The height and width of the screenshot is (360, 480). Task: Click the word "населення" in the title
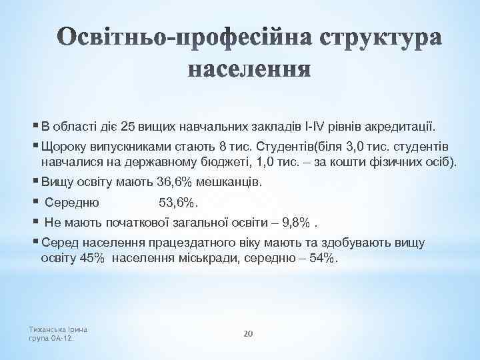coord(249,69)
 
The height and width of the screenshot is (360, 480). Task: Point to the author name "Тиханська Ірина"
coord(59,329)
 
